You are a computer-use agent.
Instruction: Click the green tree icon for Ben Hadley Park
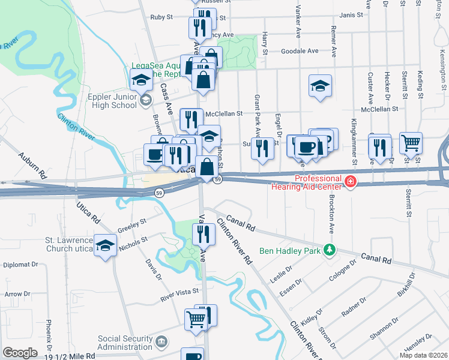(x=328, y=249)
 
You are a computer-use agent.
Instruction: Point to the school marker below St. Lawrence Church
(x=106, y=246)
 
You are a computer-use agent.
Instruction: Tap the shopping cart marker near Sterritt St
(x=411, y=143)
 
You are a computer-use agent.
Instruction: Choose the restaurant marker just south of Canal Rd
(x=204, y=233)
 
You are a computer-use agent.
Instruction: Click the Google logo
(x=20, y=353)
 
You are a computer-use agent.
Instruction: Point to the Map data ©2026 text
(x=423, y=355)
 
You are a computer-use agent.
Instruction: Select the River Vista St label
(x=179, y=292)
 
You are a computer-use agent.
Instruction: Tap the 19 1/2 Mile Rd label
(x=69, y=355)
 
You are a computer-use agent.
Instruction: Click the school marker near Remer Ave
(x=321, y=86)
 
